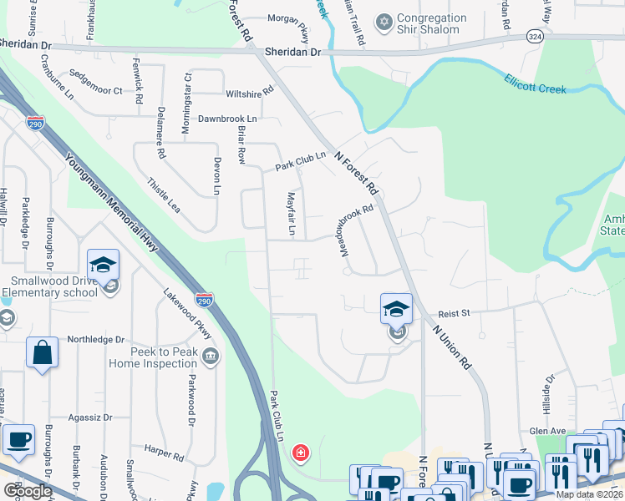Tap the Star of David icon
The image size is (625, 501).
(x=384, y=21)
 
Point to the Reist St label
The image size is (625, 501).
(x=455, y=312)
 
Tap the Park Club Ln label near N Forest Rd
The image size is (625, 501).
(x=300, y=161)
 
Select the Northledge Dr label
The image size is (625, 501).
(x=95, y=340)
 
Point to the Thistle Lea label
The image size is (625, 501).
(x=164, y=194)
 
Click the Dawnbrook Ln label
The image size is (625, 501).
(x=227, y=119)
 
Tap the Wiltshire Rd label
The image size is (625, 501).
(x=249, y=92)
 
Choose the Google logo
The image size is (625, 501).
(x=28, y=491)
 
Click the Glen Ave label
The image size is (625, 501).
(x=546, y=431)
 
